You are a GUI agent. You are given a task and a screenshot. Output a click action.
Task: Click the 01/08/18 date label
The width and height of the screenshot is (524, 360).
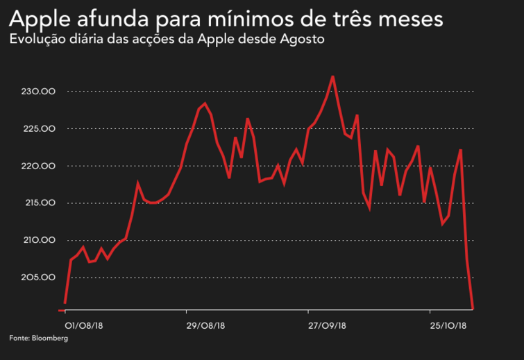tap(79, 324)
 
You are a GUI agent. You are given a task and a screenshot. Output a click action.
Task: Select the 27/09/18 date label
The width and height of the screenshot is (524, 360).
tap(326, 324)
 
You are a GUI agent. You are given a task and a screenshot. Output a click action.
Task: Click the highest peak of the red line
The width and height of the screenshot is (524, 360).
tap(333, 76)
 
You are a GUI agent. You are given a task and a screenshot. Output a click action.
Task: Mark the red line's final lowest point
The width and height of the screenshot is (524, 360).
tap(473, 308)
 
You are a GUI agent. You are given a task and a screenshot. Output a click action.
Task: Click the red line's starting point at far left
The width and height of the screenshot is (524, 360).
tap(65, 303)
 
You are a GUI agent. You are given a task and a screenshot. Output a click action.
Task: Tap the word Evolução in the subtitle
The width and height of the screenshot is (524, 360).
tap(36, 39)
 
